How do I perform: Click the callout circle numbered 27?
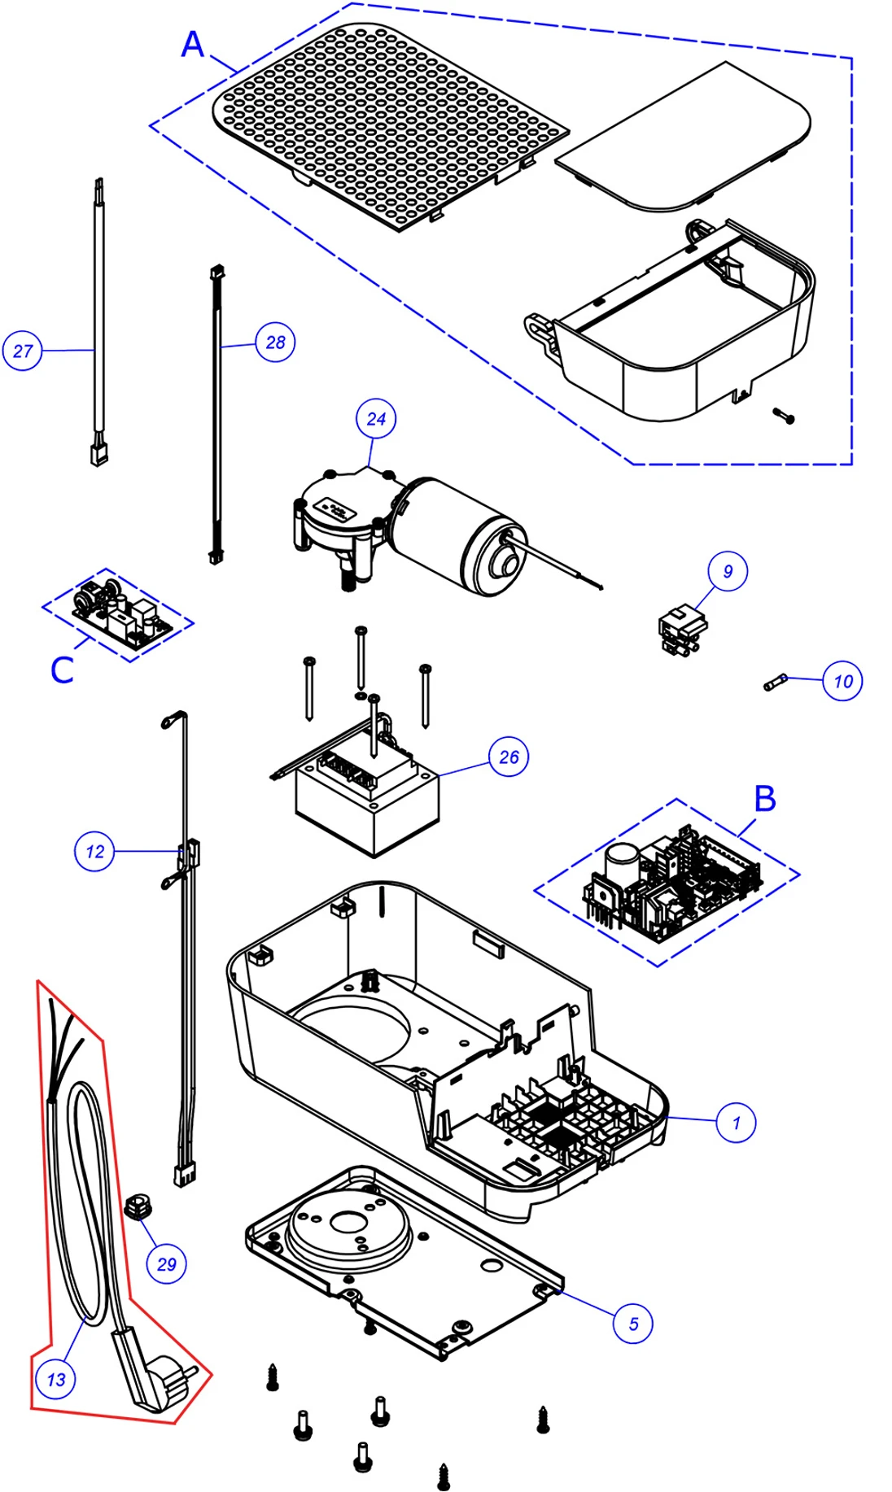click(22, 351)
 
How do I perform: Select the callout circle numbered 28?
click(275, 342)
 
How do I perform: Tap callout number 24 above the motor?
click(376, 419)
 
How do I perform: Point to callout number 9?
click(728, 571)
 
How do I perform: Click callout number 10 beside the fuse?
click(842, 681)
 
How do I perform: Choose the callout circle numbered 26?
click(509, 757)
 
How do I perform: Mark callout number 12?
click(94, 852)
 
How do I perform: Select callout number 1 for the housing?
click(736, 1123)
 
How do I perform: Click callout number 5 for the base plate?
click(633, 1324)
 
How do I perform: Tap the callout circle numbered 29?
click(166, 1264)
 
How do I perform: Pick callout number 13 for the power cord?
click(55, 1379)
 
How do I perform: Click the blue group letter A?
click(193, 44)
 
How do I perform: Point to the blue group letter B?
click(765, 799)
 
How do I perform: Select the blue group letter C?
click(62, 670)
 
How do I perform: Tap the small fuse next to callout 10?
click(776, 682)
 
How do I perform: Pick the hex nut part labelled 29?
click(138, 1205)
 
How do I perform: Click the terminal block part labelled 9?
click(682, 631)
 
